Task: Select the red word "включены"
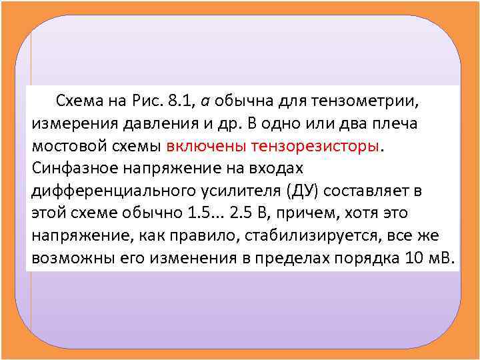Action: click(x=197, y=147)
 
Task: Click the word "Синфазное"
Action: click(x=73, y=168)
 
